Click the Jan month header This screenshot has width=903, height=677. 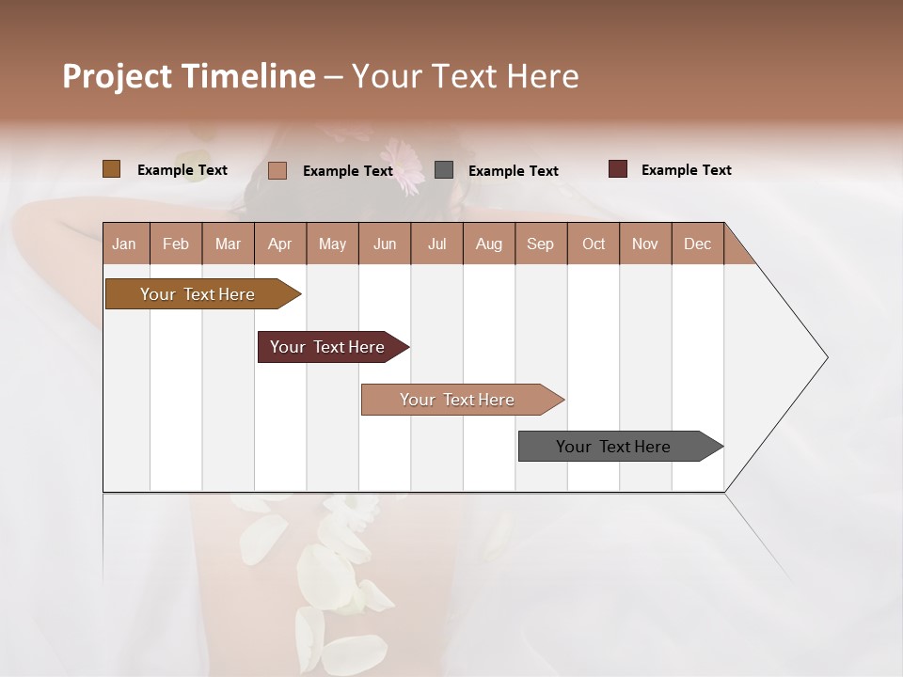click(x=124, y=244)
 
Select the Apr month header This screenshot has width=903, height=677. click(x=279, y=244)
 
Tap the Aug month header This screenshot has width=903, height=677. click(x=488, y=244)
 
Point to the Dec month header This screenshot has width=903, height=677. click(x=697, y=244)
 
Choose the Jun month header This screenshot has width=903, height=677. click(x=384, y=244)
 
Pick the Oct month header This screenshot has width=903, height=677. click(x=593, y=244)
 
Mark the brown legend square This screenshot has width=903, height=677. click(x=111, y=169)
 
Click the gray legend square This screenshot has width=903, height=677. click(x=444, y=170)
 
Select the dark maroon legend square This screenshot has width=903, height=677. click(x=617, y=169)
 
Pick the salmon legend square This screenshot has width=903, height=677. click(x=277, y=170)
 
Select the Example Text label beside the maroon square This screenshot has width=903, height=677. click(x=686, y=170)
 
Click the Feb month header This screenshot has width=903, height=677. click(x=176, y=244)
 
